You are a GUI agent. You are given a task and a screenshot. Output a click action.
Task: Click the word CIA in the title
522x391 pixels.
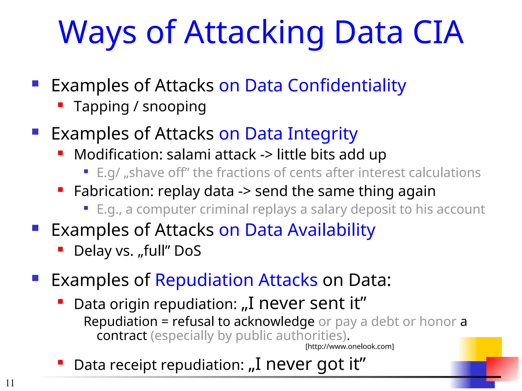pos(438,32)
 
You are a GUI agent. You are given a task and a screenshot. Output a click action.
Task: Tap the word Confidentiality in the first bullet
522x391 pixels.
pos(347,86)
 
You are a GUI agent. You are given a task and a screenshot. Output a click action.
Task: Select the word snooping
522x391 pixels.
pos(174,107)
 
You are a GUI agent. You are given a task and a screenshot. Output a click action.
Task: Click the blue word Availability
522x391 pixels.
pos(331,230)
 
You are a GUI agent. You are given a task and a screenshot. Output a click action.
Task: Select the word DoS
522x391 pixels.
pos(188,251)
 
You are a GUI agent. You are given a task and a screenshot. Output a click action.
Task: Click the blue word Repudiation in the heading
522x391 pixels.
pos(204,280)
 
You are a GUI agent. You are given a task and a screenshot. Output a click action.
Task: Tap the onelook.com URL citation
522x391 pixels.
pos(349,346)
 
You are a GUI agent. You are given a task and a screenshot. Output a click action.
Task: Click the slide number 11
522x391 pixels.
pos(10,383)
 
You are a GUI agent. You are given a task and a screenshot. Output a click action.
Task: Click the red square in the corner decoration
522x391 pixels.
pos(502,369)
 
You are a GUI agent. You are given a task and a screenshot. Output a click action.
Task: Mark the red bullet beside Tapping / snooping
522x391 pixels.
pos(60,105)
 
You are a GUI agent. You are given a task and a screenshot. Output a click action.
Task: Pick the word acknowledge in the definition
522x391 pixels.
pos(274,322)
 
